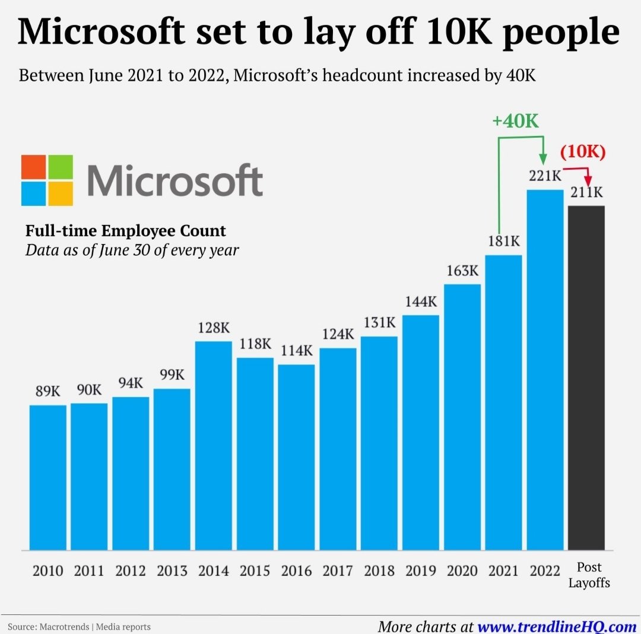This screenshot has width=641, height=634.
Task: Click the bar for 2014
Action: point(213,445)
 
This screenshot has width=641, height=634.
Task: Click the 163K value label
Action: point(462,271)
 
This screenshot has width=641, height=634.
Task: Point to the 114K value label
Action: point(296,351)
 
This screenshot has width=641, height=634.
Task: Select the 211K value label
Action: point(586,193)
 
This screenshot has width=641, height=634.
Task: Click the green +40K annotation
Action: point(515,121)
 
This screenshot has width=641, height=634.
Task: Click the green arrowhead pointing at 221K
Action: point(542,159)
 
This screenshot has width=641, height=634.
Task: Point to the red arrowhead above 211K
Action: point(588,180)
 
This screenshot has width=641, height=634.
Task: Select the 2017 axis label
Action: point(338,571)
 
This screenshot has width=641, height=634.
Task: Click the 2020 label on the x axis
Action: point(462,571)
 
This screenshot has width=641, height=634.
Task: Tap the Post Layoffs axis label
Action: point(589,575)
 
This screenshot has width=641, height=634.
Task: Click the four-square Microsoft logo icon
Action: point(47,180)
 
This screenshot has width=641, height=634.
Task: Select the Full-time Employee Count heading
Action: point(125,231)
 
